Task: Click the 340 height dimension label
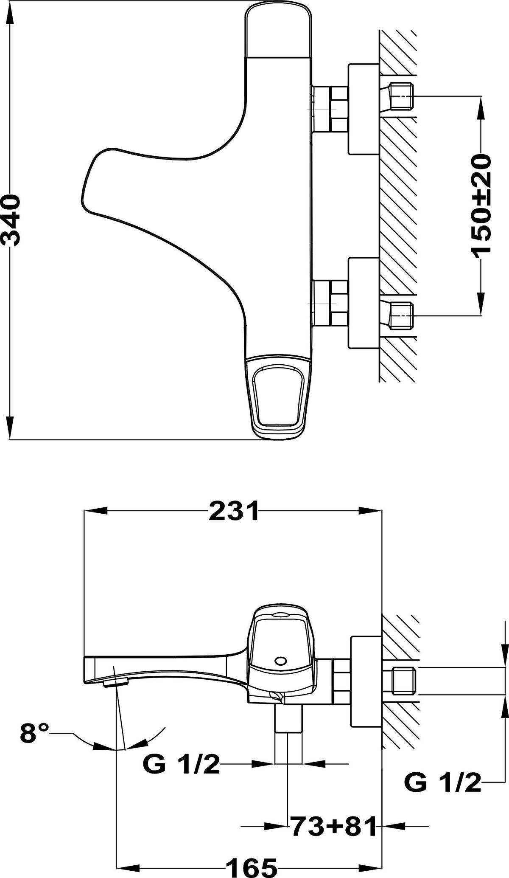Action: click(10, 220)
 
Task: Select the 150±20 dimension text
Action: click(481, 204)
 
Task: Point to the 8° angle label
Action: click(35, 733)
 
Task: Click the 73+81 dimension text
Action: click(333, 826)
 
